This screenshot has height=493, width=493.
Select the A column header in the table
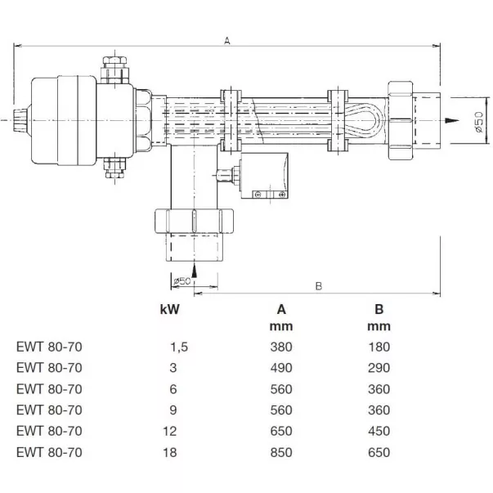click(x=280, y=309)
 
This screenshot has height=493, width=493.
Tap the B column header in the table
click(x=379, y=309)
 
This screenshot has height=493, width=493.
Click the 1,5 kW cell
click(x=177, y=346)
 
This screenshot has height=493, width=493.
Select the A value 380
click(x=280, y=346)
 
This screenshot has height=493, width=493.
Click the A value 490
click(x=280, y=367)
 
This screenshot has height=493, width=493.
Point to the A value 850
click(x=280, y=451)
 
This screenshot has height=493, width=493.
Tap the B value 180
click(x=379, y=346)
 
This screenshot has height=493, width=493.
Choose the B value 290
click(x=379, y=367)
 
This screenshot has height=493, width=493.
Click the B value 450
click(x=379, y=430)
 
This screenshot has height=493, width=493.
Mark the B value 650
click(x=379, y=451)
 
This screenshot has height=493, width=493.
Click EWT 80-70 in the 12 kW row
click(x=49, y=430)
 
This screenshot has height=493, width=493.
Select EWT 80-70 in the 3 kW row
click(x=49, y=367)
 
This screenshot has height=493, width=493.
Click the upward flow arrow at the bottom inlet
click(x=194, y=267)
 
